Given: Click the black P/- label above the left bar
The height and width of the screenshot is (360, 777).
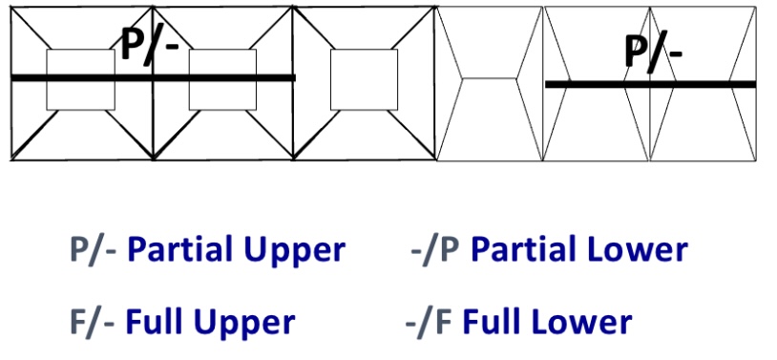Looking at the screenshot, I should point(149,44).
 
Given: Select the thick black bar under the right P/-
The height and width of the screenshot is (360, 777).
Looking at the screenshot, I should point(650,84).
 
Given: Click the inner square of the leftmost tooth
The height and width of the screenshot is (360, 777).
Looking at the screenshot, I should point(80,79).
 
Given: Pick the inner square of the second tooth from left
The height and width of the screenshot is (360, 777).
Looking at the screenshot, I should point(222,79).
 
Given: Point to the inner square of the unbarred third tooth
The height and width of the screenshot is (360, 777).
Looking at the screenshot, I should point(364,79).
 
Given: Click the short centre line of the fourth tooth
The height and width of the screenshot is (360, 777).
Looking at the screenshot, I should point(490,81).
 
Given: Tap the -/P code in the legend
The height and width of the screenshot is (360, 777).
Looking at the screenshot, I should point(434,250).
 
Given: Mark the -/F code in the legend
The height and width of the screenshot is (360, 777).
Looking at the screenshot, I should point(430,322).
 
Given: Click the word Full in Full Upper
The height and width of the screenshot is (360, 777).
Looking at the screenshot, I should point(155,322).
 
